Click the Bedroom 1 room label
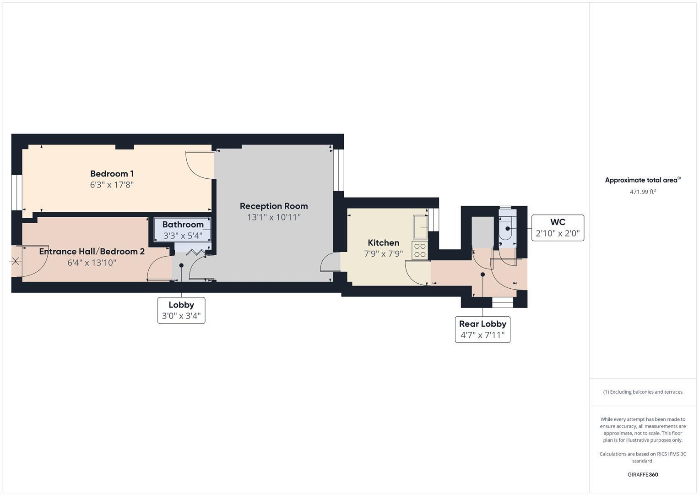[x=112, y=174]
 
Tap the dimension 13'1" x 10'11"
[x=274, y=217]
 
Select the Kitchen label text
[x=383, y=242]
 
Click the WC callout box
[x=557, y=228]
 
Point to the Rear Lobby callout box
[x=482, y=329]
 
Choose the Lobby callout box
[x=181, y=310]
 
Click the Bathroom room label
[x=183, y=225]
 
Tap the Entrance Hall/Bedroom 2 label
[x=92, y=251]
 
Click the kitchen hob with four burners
[x=420, y=250]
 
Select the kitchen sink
[x=420, y=226]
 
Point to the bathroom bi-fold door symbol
[x=195, y=252]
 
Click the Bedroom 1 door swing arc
[x=198, y=165]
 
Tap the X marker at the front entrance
[x=16, y=261]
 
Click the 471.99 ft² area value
[x=642, y=192]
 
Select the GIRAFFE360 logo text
[x=642, y=474]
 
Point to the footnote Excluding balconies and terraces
[x=642, y=392]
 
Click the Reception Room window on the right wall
[x=338, y=170]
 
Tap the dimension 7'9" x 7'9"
[x=383, y=253]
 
